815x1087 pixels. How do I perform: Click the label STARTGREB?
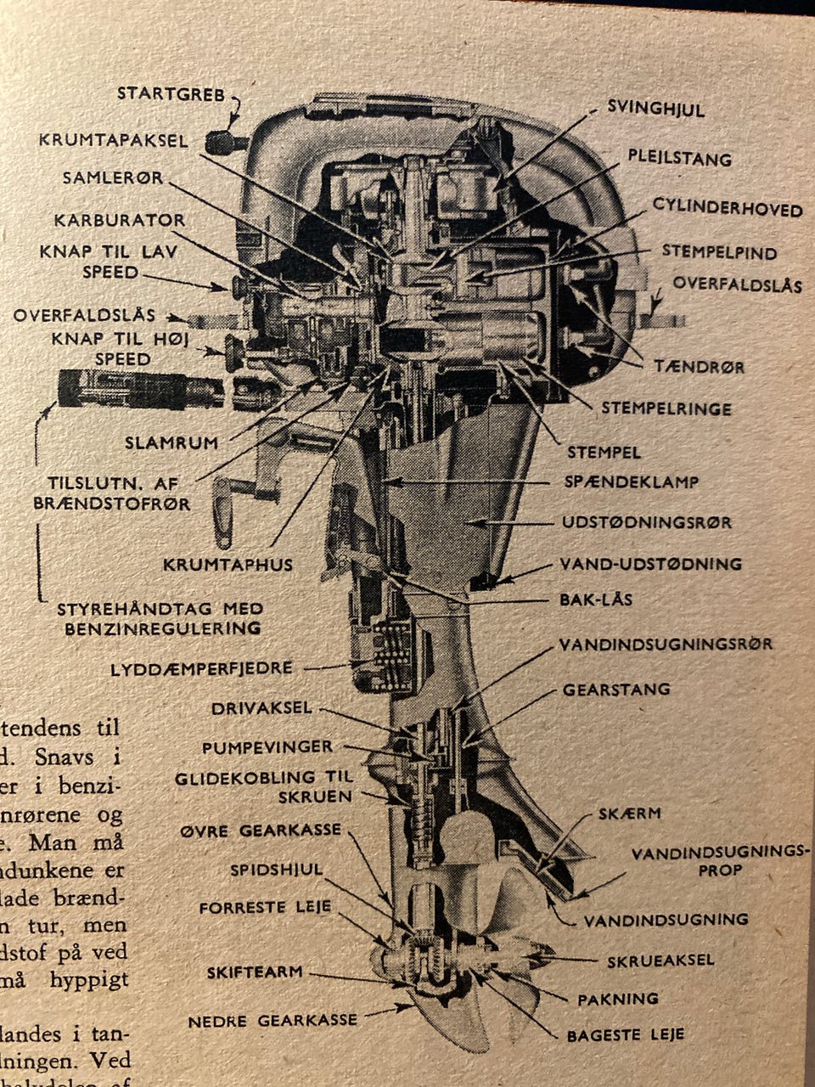[171, 93]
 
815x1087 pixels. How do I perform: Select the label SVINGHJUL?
[655, 108]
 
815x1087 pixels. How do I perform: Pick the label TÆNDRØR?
[699, 367]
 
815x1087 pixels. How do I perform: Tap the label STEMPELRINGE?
[666, 408]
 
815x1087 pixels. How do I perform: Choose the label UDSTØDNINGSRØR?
[645, 522]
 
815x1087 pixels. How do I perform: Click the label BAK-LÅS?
[595, 600]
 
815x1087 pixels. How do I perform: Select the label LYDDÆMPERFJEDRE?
[201, 669]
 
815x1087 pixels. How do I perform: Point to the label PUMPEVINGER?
[267, 747]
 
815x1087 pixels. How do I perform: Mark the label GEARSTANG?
[616, 690]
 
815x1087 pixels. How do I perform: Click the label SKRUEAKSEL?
[660, 960]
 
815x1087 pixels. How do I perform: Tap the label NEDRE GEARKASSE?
[273, 1020]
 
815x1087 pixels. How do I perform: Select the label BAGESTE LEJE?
[626, 1034]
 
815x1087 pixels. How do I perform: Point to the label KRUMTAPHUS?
[229, 564]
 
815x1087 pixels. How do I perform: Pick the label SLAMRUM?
[171, 442]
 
